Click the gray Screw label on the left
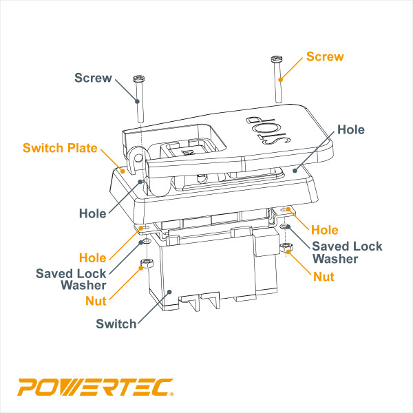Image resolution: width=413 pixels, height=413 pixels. click(93, 78)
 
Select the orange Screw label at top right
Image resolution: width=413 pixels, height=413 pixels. click(324, 56)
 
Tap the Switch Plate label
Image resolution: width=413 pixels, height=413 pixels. click(60, 148)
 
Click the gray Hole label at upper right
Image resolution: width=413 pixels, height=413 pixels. click(351, 129)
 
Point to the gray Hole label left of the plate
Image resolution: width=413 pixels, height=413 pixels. click(92, 213)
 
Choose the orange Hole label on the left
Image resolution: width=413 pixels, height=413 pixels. click(92, 258)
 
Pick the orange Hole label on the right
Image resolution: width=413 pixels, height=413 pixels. click(325, 229)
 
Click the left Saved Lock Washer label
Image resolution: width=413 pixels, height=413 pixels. click(71, 278)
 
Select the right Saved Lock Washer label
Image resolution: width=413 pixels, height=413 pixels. click(347, 252)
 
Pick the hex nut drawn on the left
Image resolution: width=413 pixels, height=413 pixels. click(145, 264)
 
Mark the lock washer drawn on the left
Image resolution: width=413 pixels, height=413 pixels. click(145, 242)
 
